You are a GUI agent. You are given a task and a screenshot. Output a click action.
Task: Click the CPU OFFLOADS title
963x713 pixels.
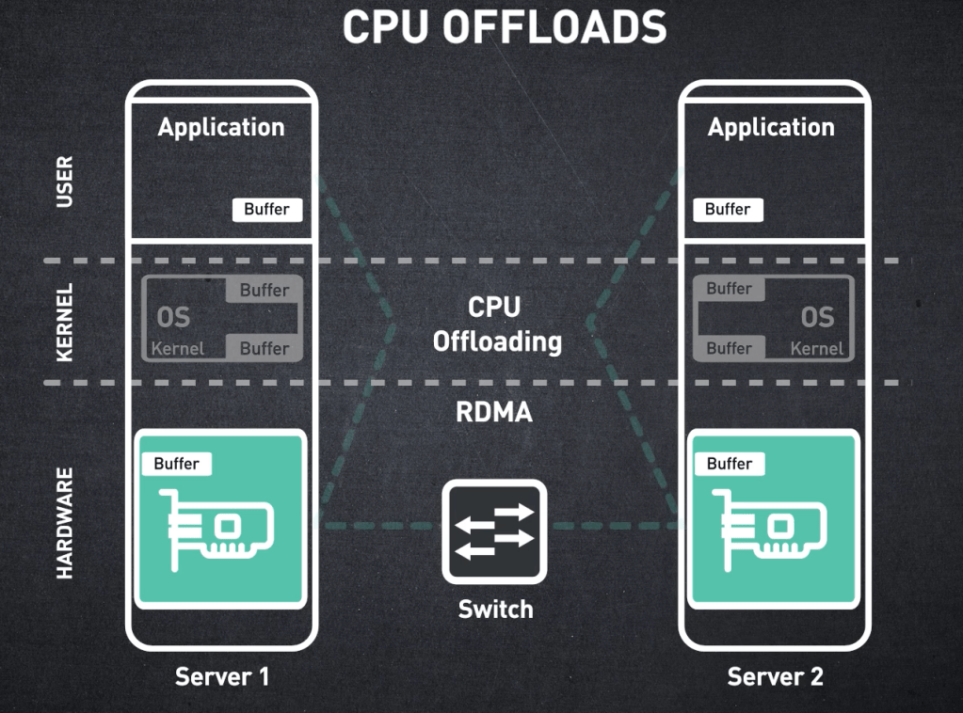[x=504, y=27]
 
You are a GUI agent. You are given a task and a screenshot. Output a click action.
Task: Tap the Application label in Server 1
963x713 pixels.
[x=221, y=127]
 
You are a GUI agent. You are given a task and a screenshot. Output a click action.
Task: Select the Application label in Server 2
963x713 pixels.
[x=771, y=127]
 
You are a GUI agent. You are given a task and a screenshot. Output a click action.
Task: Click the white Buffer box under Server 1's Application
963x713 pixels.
[x=267, y=209]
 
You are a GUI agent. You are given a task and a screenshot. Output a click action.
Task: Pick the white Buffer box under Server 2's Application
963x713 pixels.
[x=728, y=209]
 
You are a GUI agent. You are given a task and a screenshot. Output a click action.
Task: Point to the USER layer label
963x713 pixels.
[x=65, y=182]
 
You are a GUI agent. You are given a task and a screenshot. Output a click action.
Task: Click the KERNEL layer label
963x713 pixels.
[x=65, y=322]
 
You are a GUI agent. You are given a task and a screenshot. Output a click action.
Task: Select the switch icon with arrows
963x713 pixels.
[x=494, y=531]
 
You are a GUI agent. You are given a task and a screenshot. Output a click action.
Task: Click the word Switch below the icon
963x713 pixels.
[x=495, y=610]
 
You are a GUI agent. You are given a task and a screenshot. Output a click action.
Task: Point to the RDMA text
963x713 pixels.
[x=494, y=412]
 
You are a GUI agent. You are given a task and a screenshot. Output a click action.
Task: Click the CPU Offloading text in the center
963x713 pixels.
[x=496, y=325]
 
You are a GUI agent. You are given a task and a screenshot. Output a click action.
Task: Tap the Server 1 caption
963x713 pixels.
[x=222, y=676]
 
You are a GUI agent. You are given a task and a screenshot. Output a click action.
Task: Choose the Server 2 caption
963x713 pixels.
[x=775, y=676]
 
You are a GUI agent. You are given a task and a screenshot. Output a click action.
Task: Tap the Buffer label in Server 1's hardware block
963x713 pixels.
[x=177, y=464]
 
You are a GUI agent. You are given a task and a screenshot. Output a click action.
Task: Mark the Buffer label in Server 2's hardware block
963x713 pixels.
[x=730, y=464]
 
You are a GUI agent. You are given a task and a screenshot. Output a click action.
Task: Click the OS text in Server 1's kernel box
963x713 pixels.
[x=174, y=317]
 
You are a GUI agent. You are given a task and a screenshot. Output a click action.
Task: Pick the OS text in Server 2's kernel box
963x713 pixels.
[x=817, y=317]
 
